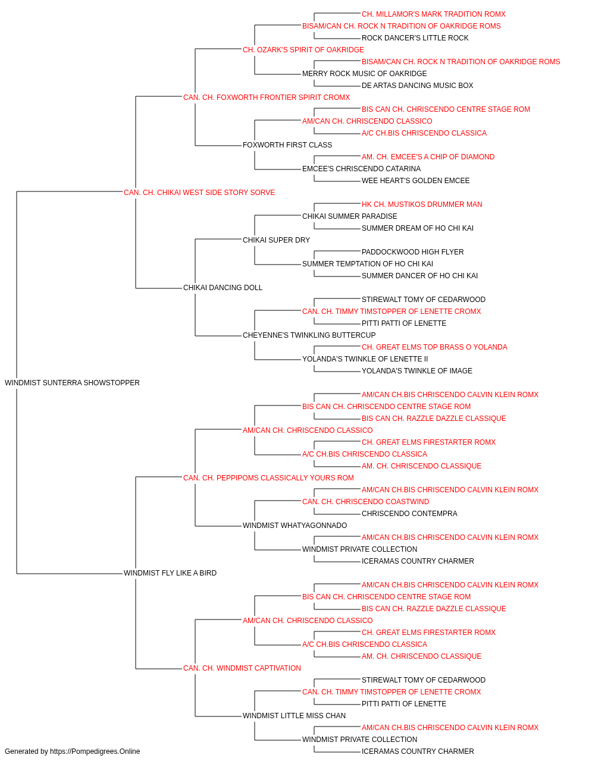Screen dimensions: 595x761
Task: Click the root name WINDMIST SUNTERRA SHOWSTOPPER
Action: [72, 383]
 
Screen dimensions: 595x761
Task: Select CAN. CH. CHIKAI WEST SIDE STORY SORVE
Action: [199, 193]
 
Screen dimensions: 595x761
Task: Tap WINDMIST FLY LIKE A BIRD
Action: [170, 573]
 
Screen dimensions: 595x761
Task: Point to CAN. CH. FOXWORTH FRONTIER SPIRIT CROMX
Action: [267, 98]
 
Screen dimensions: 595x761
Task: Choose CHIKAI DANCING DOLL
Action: [223, 288]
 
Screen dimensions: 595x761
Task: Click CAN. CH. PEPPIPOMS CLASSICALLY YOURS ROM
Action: [268, 478]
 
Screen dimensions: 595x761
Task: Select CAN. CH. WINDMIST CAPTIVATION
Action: [242, 668]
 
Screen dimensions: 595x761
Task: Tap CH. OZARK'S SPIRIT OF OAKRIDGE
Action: [303, 50]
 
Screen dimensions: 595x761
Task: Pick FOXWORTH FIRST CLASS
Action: [287, 145]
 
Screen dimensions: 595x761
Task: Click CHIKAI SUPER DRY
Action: [276, 240]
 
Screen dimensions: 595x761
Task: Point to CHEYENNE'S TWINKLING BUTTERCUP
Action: [309, 335]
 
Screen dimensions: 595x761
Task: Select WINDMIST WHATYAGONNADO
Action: [295, 526]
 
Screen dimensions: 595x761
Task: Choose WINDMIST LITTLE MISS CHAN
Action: [294, 716]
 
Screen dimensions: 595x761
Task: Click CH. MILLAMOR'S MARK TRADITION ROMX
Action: [434, 14]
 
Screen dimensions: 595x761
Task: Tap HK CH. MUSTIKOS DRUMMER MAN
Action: [422, 205]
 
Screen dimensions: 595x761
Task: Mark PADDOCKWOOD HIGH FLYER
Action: [412, 252]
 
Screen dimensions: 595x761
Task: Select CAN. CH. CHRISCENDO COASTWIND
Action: [365, 502]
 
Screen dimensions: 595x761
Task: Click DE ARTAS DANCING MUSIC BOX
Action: [417, 86]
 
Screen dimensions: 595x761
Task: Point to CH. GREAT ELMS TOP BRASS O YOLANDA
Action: [434, 347]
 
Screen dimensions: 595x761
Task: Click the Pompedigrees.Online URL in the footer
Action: [95, 751]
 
